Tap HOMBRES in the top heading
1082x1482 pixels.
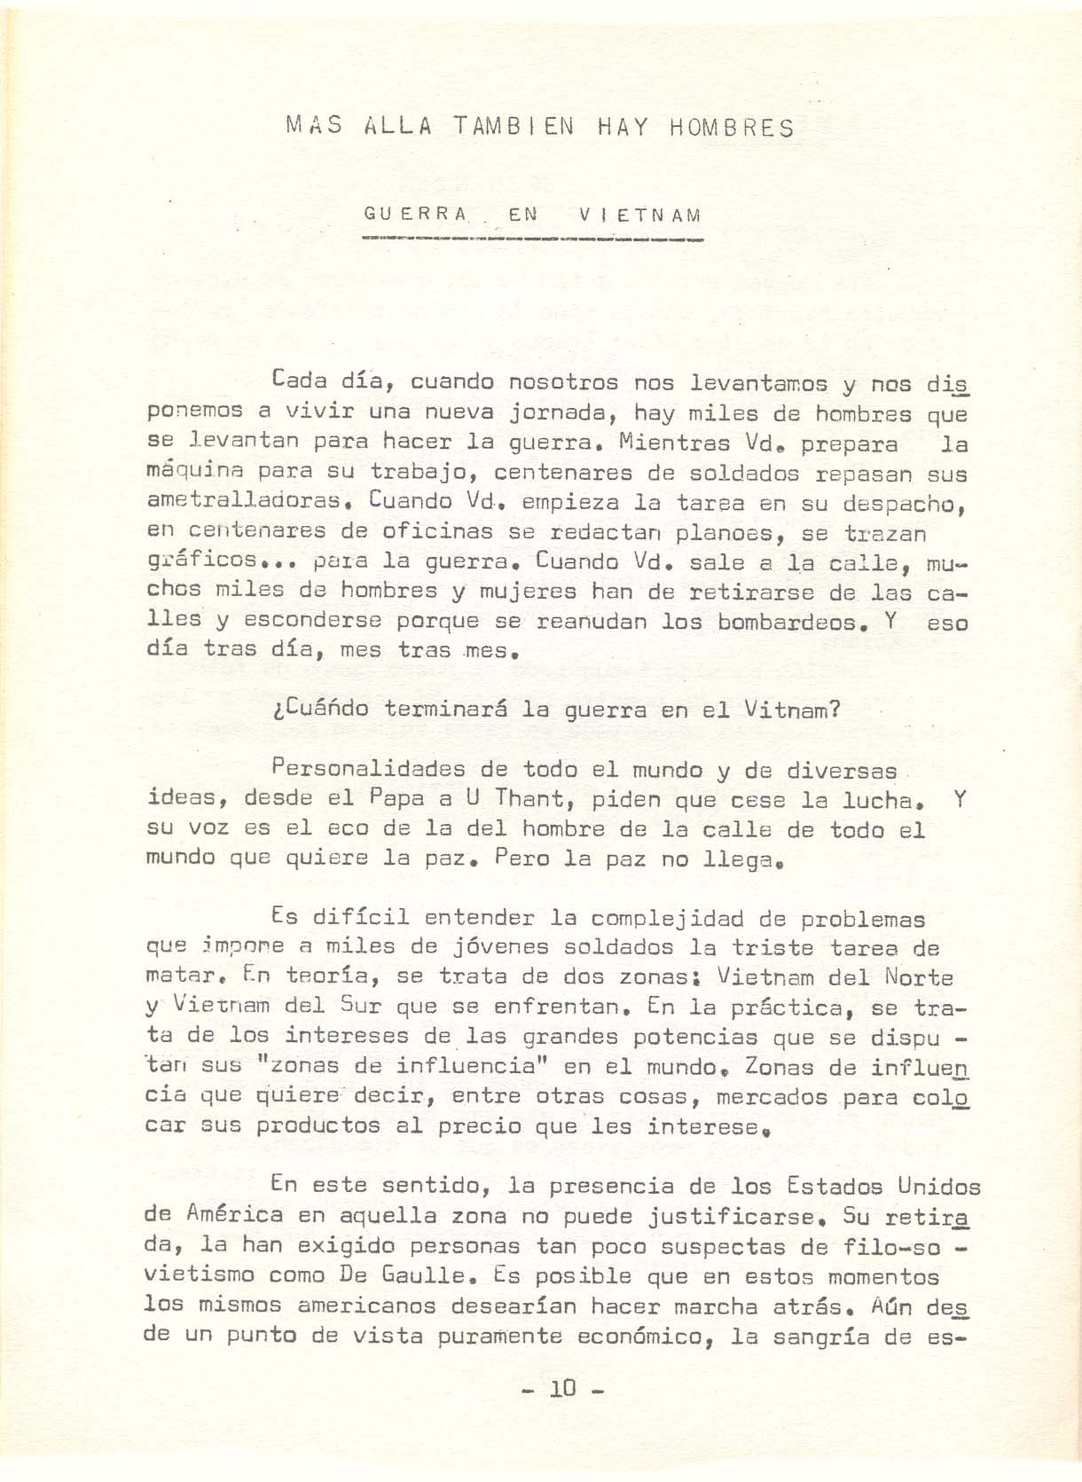pyautogui.click(x=732, y=128)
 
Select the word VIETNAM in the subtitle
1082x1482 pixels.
pyautogui.click(x=639, y=215)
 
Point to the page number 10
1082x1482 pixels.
pyautogui.click(x=562, y=1388)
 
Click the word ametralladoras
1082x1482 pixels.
pyautogui.click(x=246, y=501)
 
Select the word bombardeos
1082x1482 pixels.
pyautogui.click(x=788, y=621)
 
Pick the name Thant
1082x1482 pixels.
pyautogui.click(x=528, y=798)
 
